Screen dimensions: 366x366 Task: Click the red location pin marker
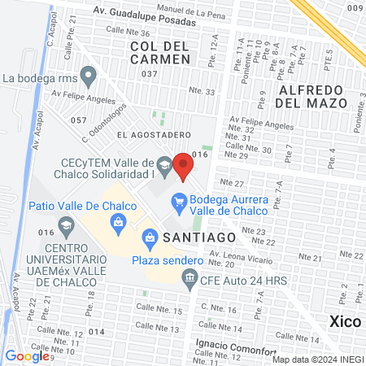pos(183,167)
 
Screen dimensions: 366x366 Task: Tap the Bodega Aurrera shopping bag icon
pos(176,199)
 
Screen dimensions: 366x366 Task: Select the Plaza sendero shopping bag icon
pos(149,238)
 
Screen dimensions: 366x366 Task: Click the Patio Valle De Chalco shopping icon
pos(119,221)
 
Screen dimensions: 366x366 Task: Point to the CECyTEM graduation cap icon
pos(164,165)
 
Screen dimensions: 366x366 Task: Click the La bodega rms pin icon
pos(89,74)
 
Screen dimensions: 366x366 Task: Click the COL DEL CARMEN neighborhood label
pos(160,52)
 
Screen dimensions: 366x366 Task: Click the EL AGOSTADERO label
pos(153,134)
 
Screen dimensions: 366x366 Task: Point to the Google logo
pos(27,355)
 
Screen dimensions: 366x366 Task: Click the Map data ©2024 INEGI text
pos(316,359)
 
